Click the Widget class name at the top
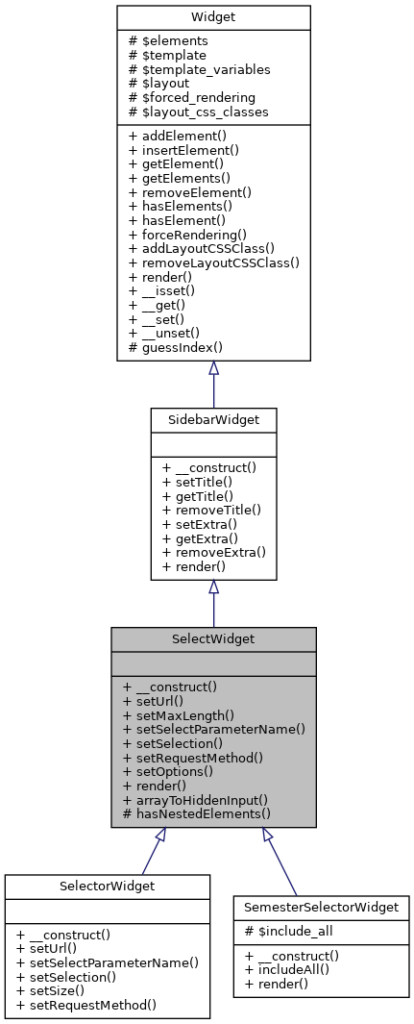(x=213, y=16)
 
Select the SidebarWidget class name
(x=213, y=419)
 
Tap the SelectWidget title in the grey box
(x=213, y=638)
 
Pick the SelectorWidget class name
(x=107, y=886)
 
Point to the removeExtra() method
(x=213, y=553)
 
